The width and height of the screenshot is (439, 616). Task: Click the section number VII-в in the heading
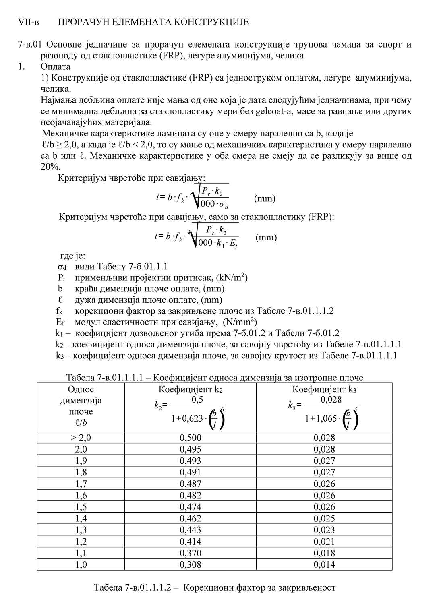29,22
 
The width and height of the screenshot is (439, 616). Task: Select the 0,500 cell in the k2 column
191,438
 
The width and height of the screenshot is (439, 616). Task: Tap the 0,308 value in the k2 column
191,565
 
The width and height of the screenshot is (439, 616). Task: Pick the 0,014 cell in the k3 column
324,565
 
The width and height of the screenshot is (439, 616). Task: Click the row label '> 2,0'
81,438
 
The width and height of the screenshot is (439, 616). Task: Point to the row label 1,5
81,507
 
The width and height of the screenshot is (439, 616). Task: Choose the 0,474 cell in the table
191,507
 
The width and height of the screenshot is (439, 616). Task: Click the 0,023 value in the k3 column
324,530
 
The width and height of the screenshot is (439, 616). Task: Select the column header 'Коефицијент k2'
191,389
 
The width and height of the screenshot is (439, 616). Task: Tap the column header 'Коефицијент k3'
324,389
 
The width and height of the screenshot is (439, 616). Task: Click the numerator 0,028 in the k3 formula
331,400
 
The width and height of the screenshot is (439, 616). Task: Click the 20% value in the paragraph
50,167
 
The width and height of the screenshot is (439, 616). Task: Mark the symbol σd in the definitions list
62,267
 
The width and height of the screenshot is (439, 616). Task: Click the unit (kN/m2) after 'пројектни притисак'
232,277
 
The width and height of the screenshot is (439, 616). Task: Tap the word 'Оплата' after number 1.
56,67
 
